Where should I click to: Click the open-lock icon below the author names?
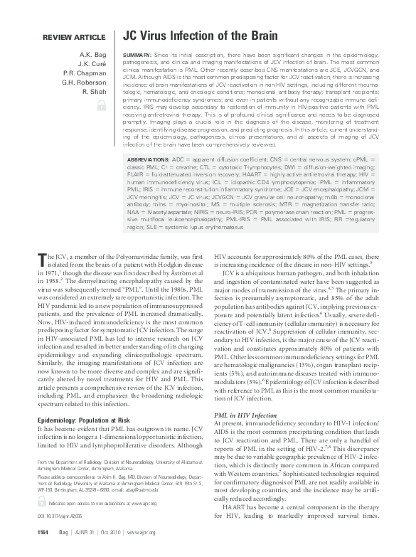[101, 105]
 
